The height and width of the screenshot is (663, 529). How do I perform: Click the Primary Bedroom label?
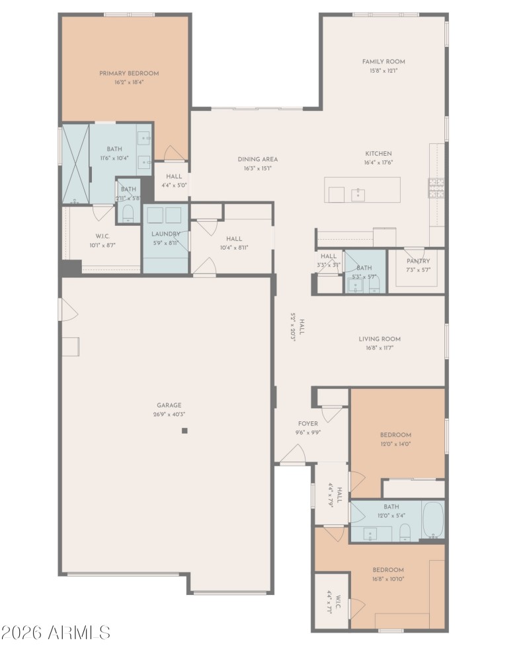tap(129, 73)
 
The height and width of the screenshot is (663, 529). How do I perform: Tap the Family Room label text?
tap(384, 61)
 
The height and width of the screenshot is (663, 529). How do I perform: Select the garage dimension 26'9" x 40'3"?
tap(169, 415)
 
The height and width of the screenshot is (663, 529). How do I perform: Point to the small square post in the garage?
tap(185, 431)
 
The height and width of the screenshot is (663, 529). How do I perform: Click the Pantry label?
tap(418, 261)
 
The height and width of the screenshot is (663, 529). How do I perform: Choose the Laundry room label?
tap(165, 234)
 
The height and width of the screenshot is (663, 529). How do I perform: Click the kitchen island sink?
tap(358, 194)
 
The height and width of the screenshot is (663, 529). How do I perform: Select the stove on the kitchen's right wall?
tap(436, 190)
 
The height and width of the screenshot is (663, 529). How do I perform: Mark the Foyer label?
tap(307, 423)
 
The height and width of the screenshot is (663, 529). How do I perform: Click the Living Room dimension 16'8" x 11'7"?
tap(380, 348)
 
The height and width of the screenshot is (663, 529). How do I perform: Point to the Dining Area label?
tap(257, 159)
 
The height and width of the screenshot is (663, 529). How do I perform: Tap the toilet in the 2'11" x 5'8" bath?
tap(128, 213)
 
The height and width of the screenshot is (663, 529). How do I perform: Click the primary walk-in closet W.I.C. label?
tap(102, 236)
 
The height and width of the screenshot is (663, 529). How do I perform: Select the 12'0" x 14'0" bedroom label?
tap(395, 435)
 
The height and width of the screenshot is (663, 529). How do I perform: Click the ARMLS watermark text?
tap(56, 632)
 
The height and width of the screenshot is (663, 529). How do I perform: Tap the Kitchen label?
tap(378, 153)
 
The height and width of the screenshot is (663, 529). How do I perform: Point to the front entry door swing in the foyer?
tap(293, 454)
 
